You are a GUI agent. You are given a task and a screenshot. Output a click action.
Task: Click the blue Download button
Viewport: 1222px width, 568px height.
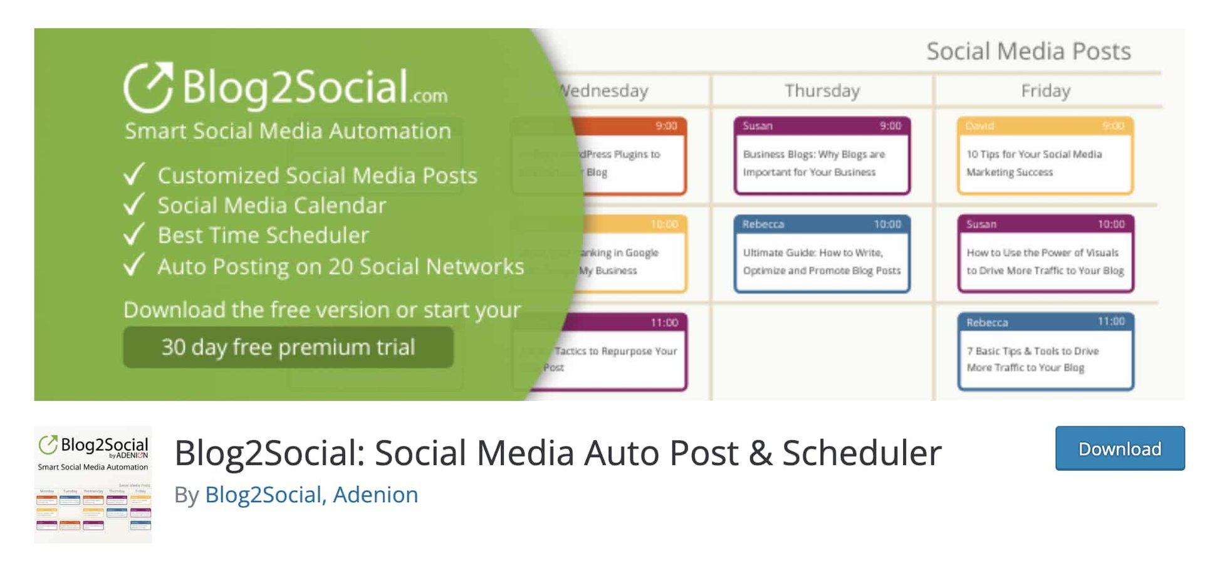pos(1119,449)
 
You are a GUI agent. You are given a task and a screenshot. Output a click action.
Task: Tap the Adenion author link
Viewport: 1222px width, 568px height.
pos(375,495)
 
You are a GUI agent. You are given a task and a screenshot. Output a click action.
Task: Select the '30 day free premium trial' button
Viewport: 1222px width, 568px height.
pos(288,347)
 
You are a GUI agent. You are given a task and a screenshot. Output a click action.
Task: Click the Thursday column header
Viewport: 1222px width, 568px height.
pos(822,91)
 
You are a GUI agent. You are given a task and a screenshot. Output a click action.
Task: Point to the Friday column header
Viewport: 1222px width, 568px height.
pos(1045,91)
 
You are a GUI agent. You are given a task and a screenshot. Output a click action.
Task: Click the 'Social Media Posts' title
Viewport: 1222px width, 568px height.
pos(1028,51)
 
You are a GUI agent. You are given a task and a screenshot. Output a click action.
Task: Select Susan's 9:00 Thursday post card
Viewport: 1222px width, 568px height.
pos(822,155)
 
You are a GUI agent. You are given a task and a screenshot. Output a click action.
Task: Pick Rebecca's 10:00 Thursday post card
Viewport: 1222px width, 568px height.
pos(822,254)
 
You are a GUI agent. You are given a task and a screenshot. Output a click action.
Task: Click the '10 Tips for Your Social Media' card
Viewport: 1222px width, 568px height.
pos(1045,155)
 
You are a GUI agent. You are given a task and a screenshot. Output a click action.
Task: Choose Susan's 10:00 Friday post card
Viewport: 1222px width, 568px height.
pos(1045,254)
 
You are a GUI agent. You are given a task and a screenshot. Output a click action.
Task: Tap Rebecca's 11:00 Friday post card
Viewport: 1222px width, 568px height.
pos(1045,352)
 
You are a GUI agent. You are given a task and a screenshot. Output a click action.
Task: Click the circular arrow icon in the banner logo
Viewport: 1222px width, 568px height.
pos(148,87)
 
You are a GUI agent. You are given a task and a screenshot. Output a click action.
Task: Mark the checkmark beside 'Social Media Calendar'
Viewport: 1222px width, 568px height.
pos(134,205)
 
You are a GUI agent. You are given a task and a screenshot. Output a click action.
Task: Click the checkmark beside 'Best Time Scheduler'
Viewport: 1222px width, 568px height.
pos(134,234)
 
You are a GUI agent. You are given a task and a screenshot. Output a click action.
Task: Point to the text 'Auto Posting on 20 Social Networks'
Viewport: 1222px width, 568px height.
pos(340,267)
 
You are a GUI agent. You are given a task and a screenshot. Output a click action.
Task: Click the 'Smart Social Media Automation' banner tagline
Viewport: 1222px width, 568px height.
pos(288,131)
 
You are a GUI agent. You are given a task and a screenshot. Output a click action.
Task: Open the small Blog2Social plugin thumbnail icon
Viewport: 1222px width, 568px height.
pos(93,485)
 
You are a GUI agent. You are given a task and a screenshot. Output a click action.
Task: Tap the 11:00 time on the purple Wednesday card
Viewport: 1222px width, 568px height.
pos(664,322)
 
